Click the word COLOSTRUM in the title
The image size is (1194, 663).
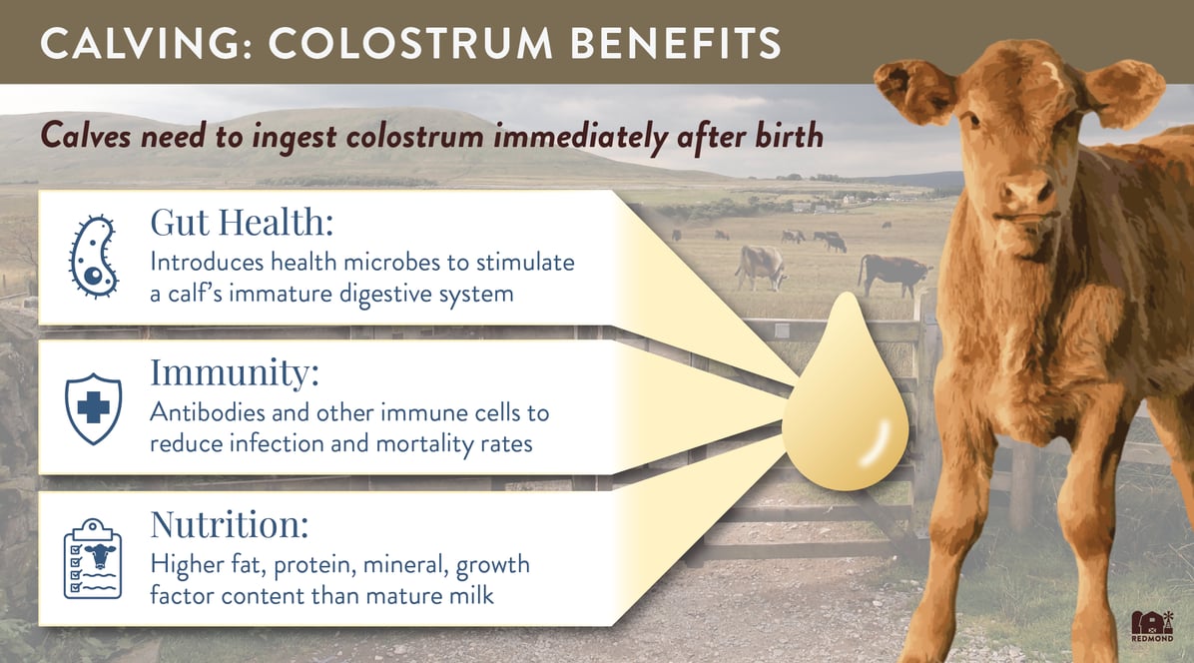(410, 43)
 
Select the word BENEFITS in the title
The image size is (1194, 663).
(676, 43)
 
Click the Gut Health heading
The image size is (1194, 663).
(243, 223)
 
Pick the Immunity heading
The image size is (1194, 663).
(235, 373)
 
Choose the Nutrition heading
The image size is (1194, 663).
(230, 523)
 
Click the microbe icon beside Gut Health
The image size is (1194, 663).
(93, 256)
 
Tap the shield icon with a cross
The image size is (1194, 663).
(93, 408)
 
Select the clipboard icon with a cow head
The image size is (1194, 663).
(92, 559)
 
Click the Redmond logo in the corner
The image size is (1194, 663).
(1152, 626)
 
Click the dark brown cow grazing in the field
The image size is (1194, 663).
(894, 274)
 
